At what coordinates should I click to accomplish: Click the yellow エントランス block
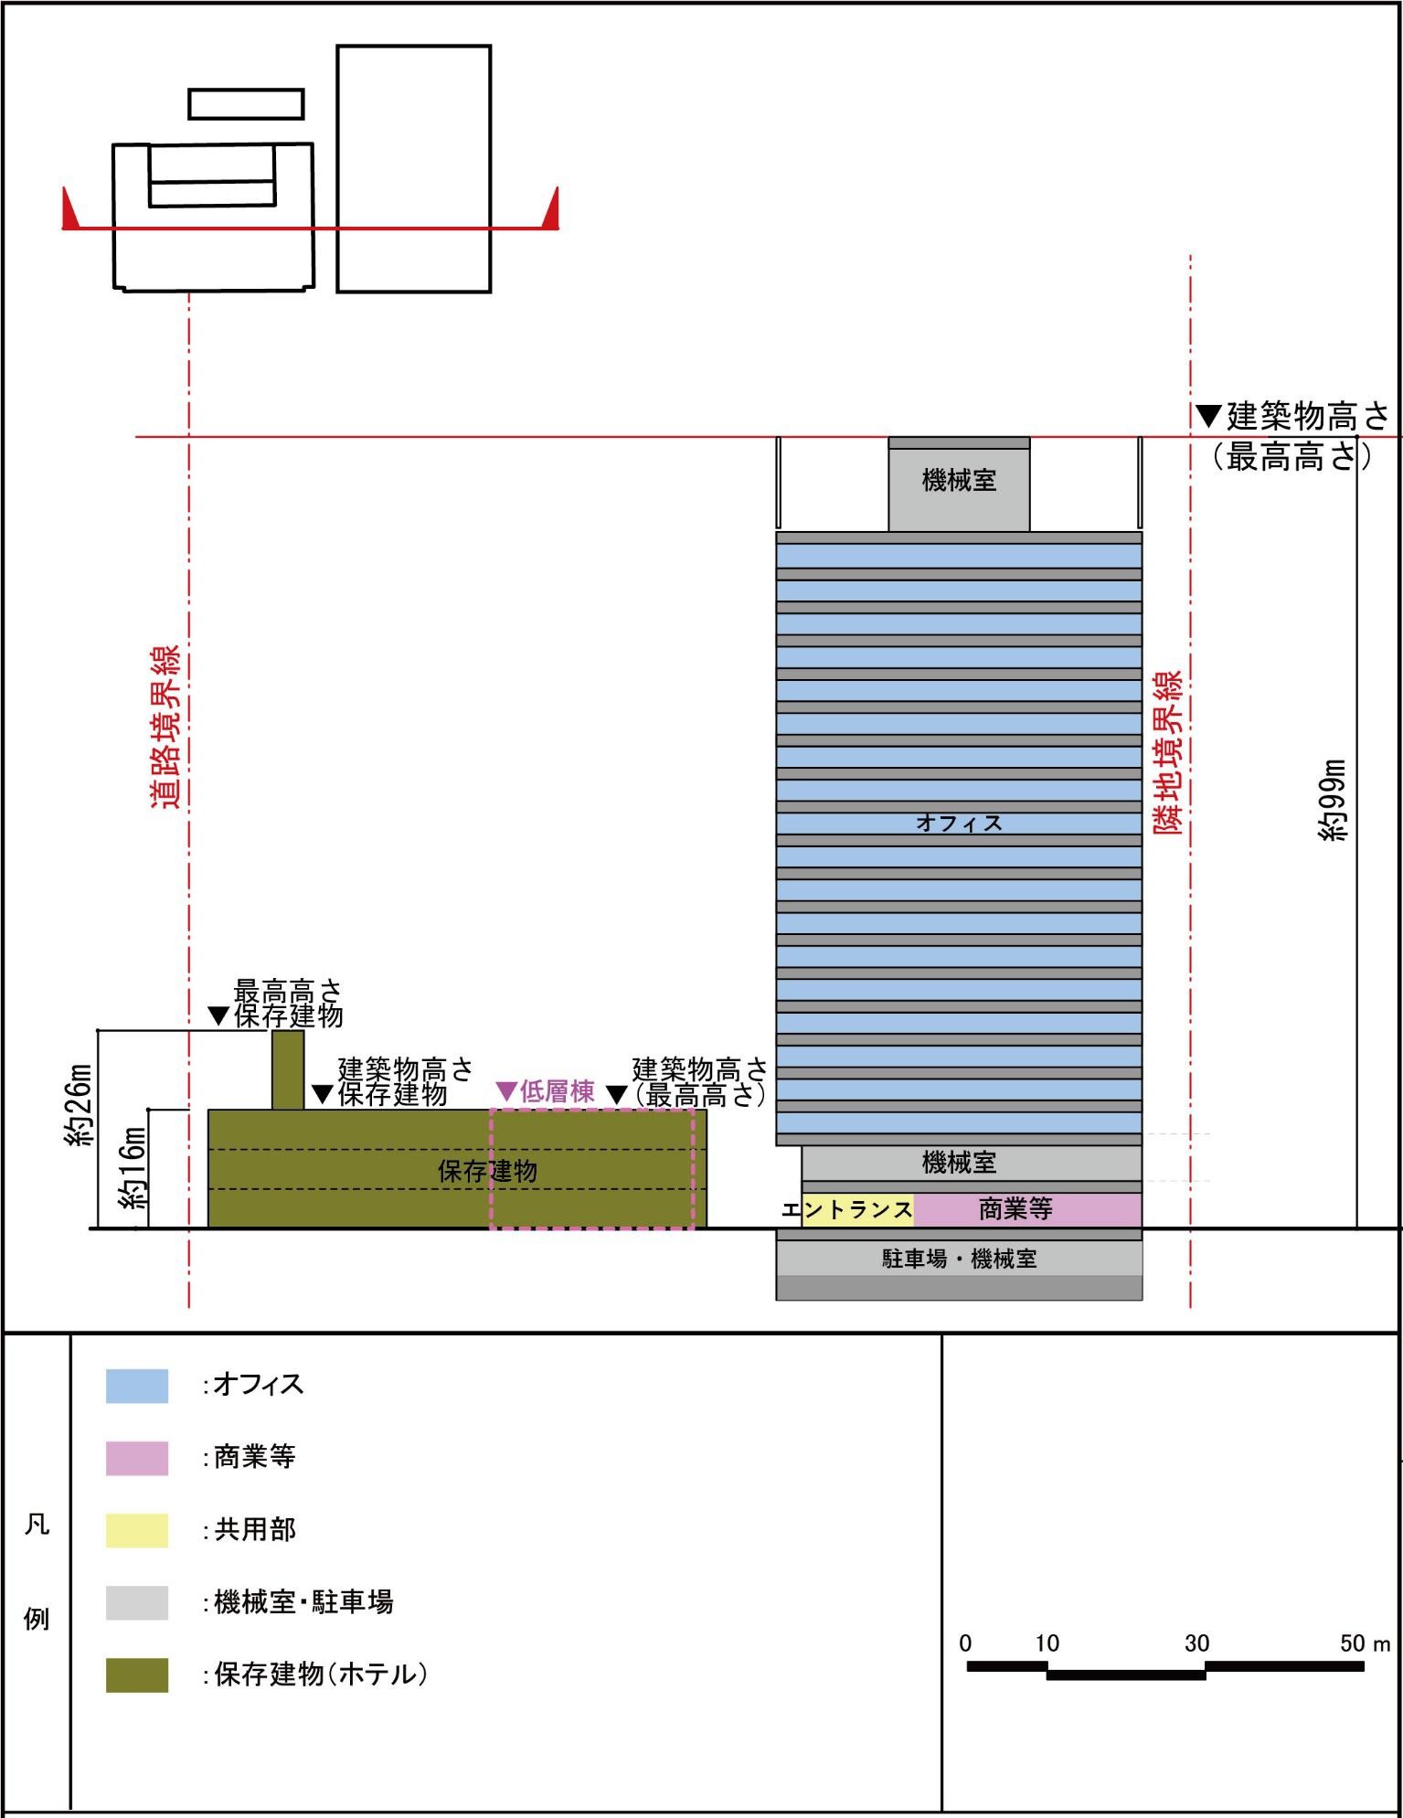click(x=857, y=1209)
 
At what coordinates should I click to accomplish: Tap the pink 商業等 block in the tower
click(x=1028, y=1209)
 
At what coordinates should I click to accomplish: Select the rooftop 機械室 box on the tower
click(x=959, y=484)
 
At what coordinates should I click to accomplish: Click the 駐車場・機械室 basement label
click(x=959, y=1259)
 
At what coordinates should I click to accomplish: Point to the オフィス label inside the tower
click(x=959, y=823)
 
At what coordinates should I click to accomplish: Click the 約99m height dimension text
click(x=1334, y=801)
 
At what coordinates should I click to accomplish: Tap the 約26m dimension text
click(x=80, y=1106)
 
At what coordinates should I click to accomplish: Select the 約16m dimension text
click(x=133, y=1168)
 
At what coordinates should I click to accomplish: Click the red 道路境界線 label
click(x=165, y=727)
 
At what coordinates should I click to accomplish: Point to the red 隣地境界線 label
click(x=1167, y=752)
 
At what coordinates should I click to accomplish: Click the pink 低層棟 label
click(x=547, y=1091)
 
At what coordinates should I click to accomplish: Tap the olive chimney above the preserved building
click(x=288, y=1070)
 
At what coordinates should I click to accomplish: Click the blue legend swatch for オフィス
click(x=137, y=1386)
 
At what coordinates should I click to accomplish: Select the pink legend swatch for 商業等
click(x=137, y=1458)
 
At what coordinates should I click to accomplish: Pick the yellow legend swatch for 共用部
click(x=137, y=1530)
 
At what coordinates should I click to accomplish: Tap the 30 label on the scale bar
click(x=1197, y=1643)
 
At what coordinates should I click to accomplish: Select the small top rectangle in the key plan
click(x=246, y=104)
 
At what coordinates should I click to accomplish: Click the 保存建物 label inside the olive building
click(x=487, y=1171)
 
